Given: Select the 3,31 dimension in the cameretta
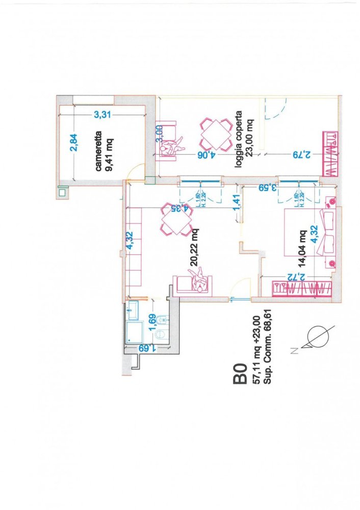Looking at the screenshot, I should pyautogui.click(x=102, y=115).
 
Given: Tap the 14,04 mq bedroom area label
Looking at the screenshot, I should pyautogui.click(x=302, y=249).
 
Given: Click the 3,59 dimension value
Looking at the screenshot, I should pyautogui.click(x=266, y=187).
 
